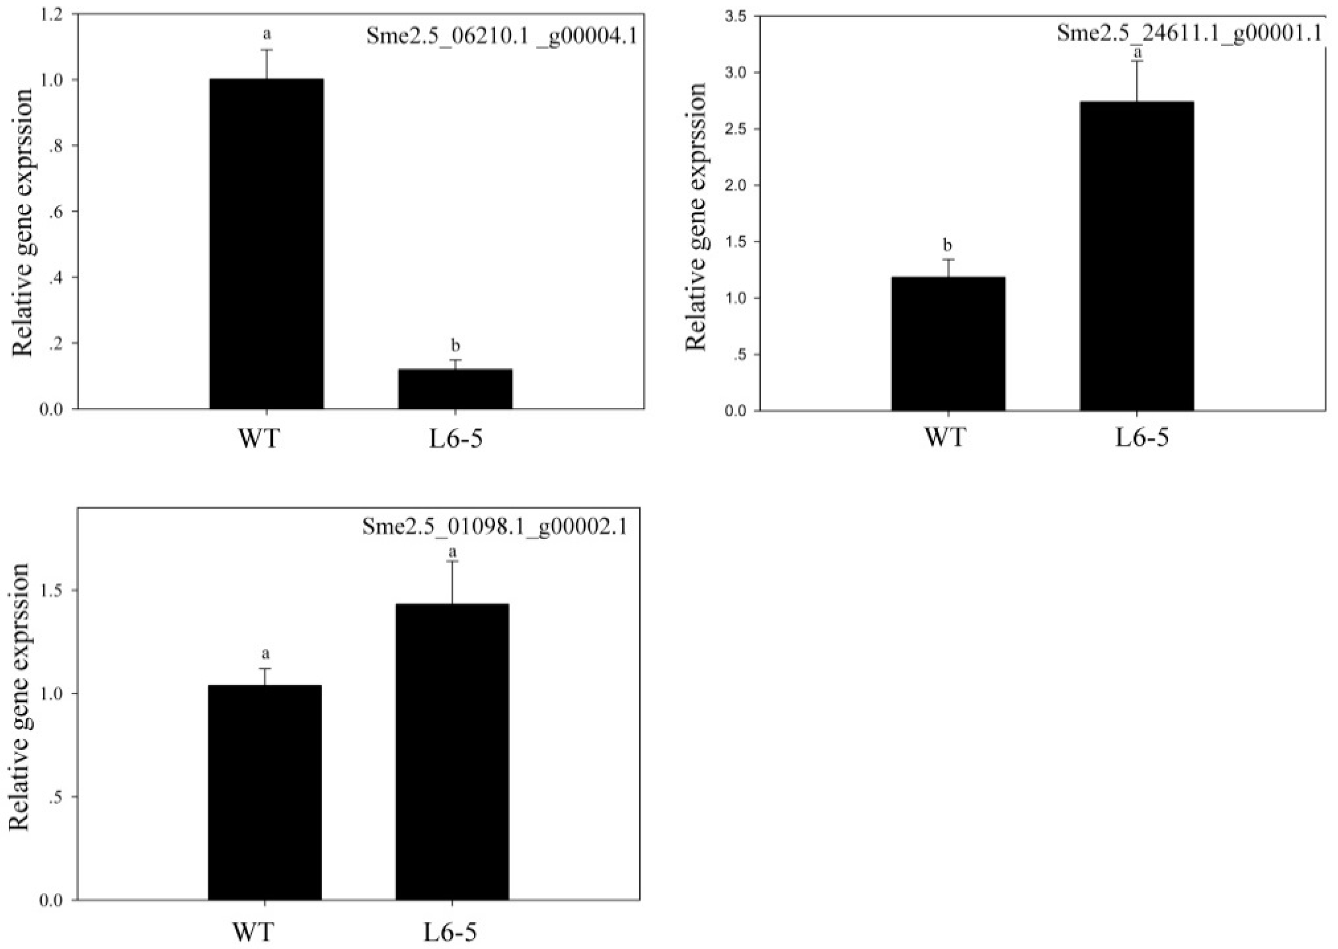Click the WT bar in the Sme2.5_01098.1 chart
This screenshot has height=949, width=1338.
tap(265, 792)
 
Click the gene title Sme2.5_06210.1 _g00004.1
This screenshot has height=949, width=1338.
tap(502, 36)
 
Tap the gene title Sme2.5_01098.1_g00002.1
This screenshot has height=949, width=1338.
tap(494, 527)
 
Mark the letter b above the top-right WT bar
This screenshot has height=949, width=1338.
tap(947, 244)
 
